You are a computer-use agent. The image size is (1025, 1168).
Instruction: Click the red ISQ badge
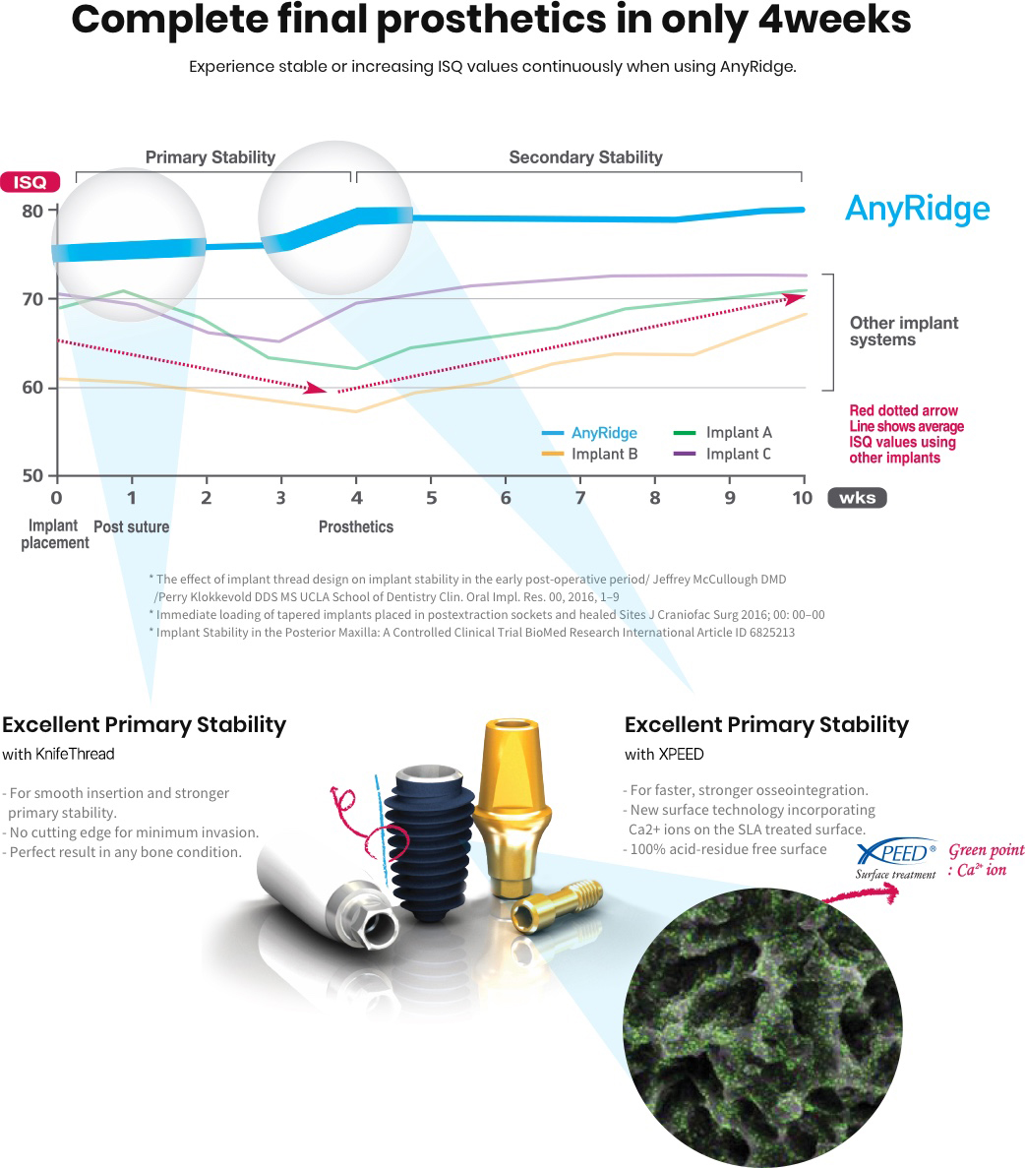click(x=30, y=182)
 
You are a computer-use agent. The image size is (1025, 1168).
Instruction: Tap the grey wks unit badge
click(x=858, y=498)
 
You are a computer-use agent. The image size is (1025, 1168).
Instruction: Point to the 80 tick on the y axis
click(x=32, y=211)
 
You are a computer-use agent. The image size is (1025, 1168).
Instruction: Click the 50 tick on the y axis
click(x=32, y=475)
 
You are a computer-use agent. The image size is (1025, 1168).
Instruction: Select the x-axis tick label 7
click(x=580, y=498)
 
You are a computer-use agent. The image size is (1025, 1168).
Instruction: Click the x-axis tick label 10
click(x=803, y=498)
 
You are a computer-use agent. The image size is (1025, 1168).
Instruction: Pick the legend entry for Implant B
click(x=590, y=454)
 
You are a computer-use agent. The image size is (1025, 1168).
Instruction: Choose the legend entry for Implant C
click(x=722, y=454)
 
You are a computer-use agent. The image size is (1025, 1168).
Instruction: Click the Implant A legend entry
click(x=723, y=432)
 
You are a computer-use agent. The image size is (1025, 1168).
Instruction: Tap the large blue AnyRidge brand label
click(x=917, y=210)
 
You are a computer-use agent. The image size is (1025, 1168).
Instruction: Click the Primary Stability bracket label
click(x=211, y=157)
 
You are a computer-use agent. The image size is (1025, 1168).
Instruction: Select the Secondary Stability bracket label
click(x=585, y=157)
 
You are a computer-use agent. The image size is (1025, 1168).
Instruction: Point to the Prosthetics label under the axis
click(x=356, y=526)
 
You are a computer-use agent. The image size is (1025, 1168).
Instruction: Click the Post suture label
click(x=131, y=526)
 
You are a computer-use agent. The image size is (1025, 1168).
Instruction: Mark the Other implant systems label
click(x=904, y=332)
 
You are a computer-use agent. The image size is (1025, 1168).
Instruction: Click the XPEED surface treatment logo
click(x=896, y=859)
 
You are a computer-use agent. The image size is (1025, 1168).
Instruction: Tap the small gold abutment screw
click(x=556, y=904)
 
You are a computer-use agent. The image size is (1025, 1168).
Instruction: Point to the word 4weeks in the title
click(x=834, y=20)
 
